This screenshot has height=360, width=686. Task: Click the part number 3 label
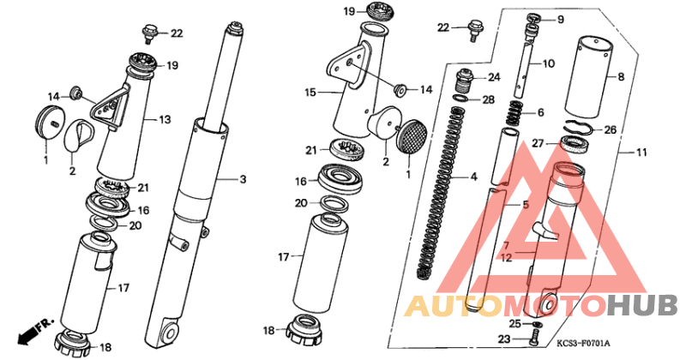[x=243, y=179]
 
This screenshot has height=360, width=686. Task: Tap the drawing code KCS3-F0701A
[x=583, y=344]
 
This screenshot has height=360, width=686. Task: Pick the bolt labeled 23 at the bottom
[x=533, y=339]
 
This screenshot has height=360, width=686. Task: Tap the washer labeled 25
[x=538, y=324]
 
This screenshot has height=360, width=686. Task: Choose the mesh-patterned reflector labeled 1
[x=412, y=136]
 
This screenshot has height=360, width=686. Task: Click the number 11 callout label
[x=641, y=153]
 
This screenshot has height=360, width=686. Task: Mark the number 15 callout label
[x=310, y=93]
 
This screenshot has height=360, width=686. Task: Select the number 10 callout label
[x=548, y=64]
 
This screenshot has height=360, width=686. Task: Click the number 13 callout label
[x=165, y=119]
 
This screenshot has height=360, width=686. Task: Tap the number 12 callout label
[x=506, y=258]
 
